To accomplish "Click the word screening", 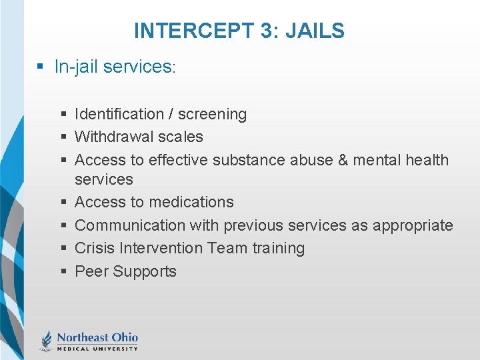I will (212, 115).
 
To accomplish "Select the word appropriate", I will (413, 225).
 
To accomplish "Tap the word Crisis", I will (95, 248).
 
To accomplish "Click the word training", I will (278, 248).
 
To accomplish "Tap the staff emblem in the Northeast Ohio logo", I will (47, 340).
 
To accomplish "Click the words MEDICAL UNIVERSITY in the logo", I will (97, 348).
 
